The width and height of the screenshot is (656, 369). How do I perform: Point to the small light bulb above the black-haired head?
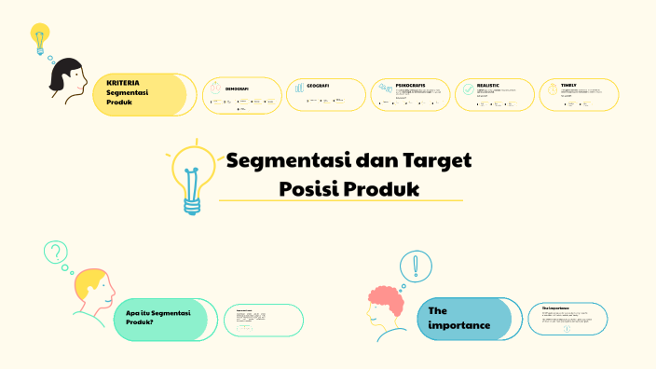(39, 39)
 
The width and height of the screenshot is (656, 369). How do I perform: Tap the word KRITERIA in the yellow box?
(123, 83)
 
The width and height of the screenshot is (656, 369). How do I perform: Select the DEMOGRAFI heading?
(237, 89)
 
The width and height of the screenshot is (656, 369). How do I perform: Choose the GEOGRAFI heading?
(318, 85)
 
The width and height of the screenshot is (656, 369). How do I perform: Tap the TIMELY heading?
(568, 85)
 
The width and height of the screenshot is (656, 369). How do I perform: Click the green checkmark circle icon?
(466, 91)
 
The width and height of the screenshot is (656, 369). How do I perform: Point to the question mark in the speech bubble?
(56, 252)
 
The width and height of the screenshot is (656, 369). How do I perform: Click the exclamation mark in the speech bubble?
(416, 266)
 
